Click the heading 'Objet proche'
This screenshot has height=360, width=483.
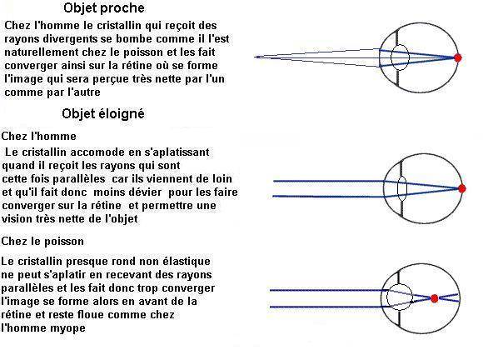coord(104,8)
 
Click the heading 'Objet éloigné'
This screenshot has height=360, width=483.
coord(103,113)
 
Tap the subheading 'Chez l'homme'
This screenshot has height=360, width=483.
coord(39,136)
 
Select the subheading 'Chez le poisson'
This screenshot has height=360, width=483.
coord(42,241)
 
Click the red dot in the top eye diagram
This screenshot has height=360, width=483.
coord(458,57)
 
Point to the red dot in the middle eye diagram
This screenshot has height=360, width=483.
coord(461,188)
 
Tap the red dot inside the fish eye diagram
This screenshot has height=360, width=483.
coord(435,298)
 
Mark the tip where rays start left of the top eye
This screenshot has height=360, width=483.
coord(255,57)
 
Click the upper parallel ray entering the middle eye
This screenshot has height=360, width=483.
coord(329,181)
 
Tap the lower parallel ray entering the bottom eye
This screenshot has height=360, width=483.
coord(326,307)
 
